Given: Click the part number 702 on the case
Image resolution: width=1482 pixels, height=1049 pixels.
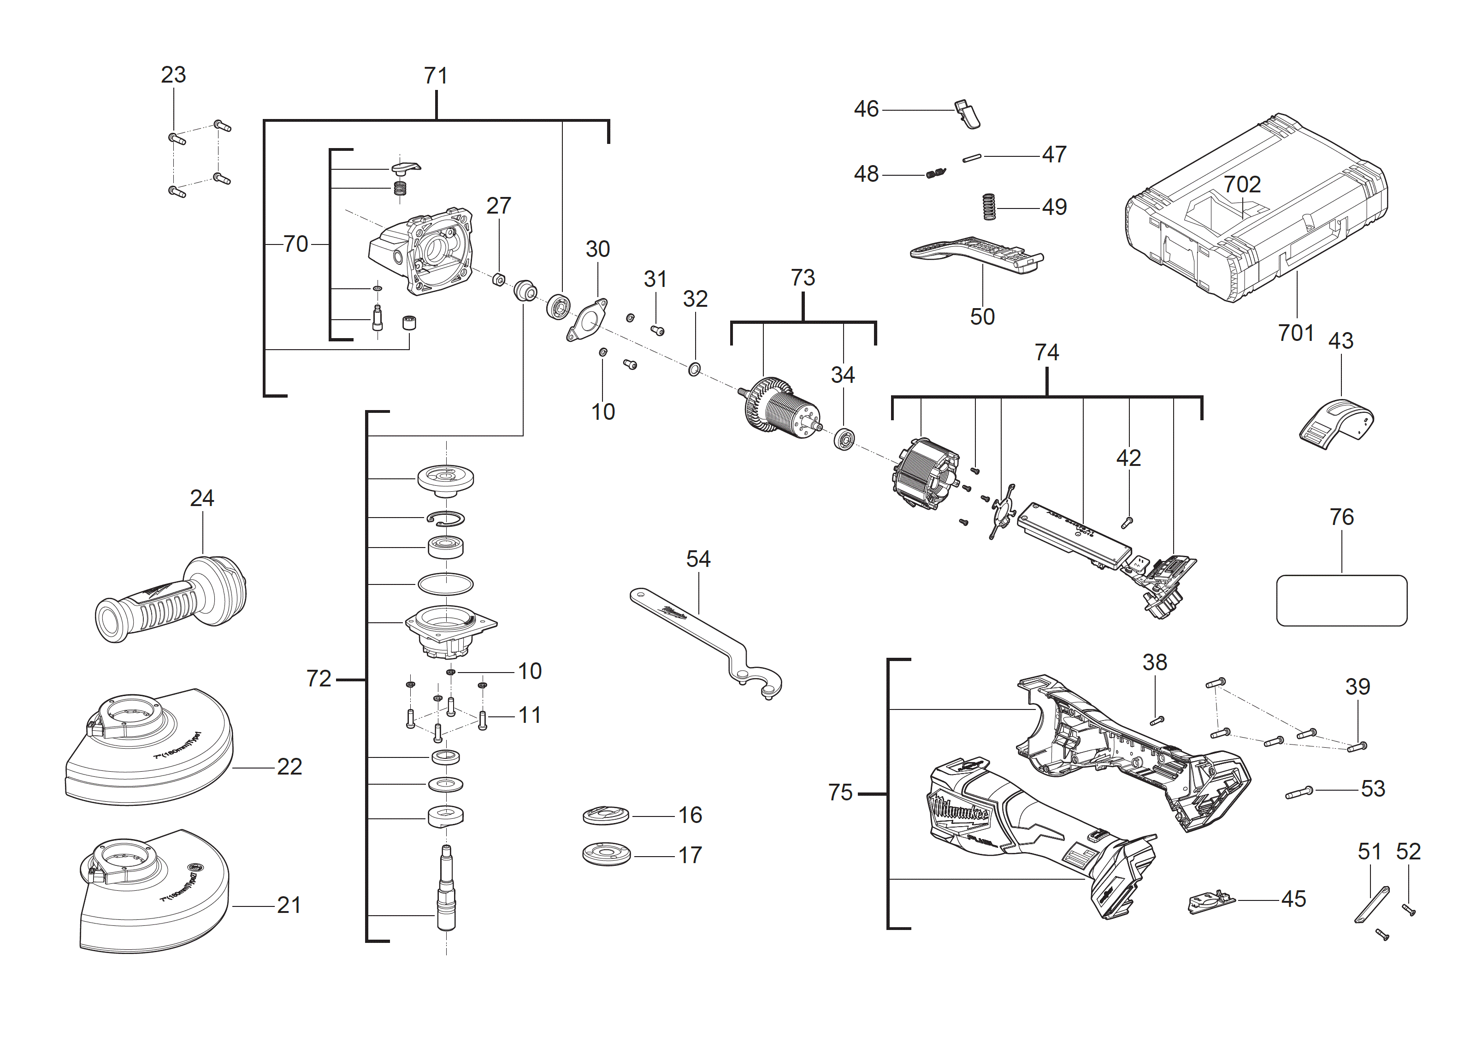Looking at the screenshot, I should tap(1241, 185).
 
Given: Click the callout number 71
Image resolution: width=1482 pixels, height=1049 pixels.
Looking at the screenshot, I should tap(436, 76).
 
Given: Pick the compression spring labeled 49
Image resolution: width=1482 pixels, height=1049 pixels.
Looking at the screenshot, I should tap(989, 207).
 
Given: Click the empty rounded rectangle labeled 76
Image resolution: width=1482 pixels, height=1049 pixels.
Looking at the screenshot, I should tap(1341, 600).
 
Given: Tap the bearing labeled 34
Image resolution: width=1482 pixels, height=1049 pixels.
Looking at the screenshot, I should tap(844, 439).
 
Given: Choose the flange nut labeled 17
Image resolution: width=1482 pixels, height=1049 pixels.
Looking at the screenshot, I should tap(606, 854).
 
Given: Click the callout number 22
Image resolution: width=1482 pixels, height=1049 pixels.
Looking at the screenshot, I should tap(289, 767).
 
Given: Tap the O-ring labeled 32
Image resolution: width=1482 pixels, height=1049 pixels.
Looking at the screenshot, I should tap(694, 370).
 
